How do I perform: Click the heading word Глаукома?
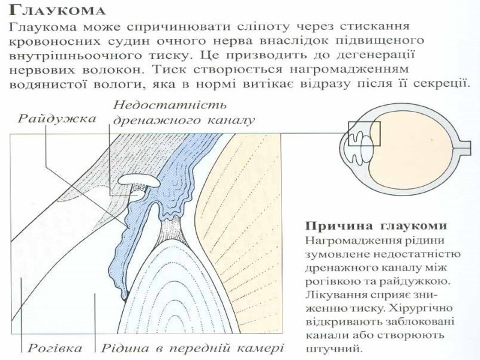pos(58,11)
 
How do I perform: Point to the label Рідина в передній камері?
pos(191,347)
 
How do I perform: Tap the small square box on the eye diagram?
pos(364,134)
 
